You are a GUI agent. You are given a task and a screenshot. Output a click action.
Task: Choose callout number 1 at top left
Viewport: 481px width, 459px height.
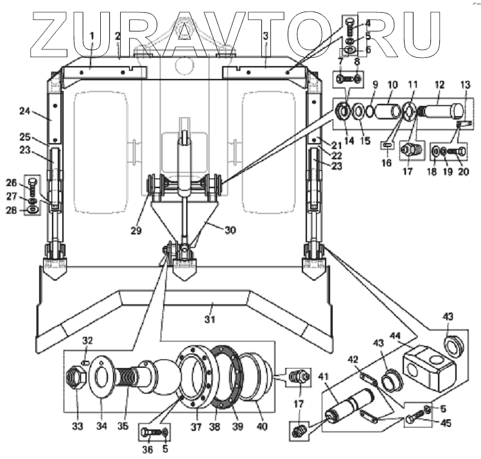point(92,34)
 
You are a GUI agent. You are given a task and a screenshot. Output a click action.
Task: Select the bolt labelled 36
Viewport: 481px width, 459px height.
point(149,431)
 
